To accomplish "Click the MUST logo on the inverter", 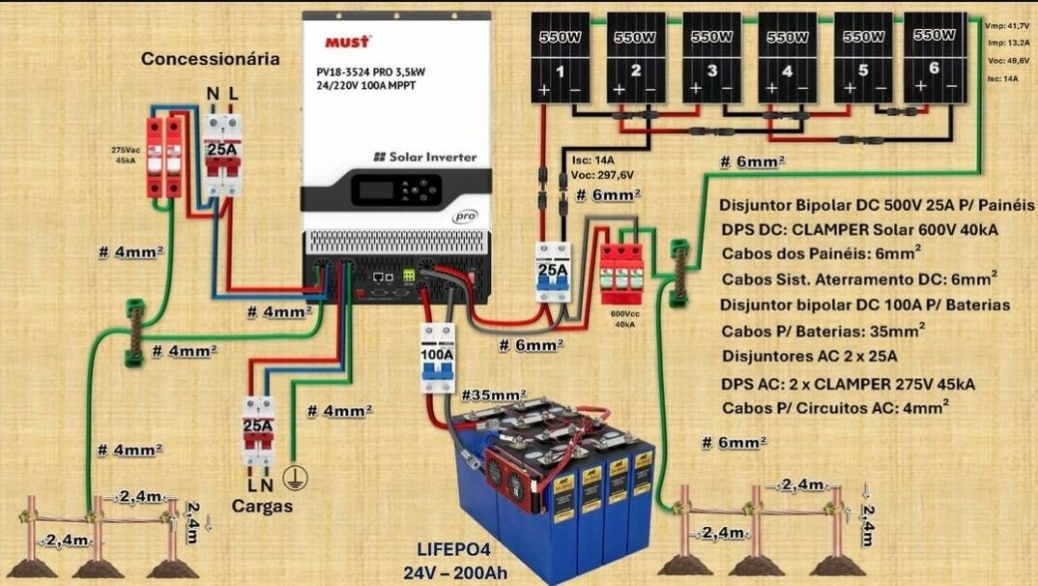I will point(346,43).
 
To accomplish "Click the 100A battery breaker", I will point(436,357).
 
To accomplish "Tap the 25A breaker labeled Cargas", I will point(257,431).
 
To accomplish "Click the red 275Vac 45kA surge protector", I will point(163,155).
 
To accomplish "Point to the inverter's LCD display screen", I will point(375,190).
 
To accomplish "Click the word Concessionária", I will point(211,59).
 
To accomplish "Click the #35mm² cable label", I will point(494,396).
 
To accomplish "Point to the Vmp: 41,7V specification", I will point(1005,26).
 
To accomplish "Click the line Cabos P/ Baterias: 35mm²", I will point(823,330).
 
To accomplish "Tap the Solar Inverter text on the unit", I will point(425,157).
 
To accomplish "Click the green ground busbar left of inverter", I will point(134,333).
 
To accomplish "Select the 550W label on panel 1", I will point(558,37).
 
